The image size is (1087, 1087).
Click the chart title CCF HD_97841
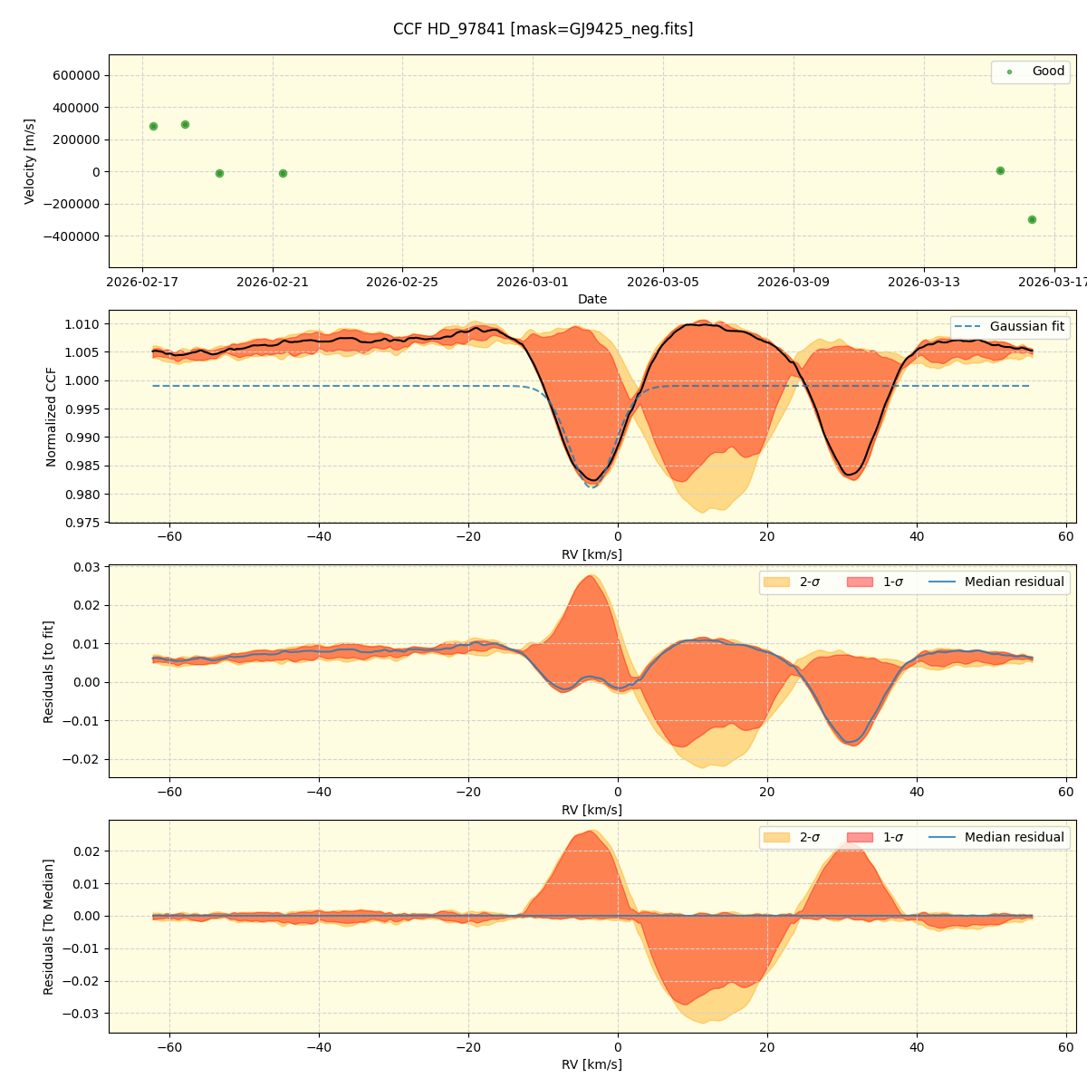(x=543, y=29)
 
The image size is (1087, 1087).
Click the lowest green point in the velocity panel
(x=1032, y=219)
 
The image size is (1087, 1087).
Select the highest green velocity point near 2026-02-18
(x=185, y=124)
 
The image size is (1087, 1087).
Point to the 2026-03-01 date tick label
(x=533, y=282)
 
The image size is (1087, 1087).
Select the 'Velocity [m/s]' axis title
(x=30, y=161)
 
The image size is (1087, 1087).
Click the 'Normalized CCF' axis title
(x=52, y=417)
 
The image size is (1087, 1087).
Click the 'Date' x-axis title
(x=592, y=299)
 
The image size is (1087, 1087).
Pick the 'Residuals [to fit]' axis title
(x=49, y=671)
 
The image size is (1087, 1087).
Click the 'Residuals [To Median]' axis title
(x=49, y=927)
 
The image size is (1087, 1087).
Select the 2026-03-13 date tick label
(x=924, y=282)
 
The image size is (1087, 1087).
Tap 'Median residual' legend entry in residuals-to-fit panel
(x=1014, y=582)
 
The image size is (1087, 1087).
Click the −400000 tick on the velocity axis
(x=71, y=236)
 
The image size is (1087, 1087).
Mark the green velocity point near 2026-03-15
(x=1000, y=170)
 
